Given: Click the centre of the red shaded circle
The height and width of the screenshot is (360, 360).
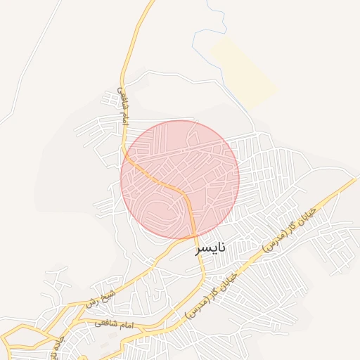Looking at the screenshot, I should (180, 179).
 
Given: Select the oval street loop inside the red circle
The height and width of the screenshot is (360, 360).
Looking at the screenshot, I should (159, 211).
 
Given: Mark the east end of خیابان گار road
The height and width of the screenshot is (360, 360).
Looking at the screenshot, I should (355, 179).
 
